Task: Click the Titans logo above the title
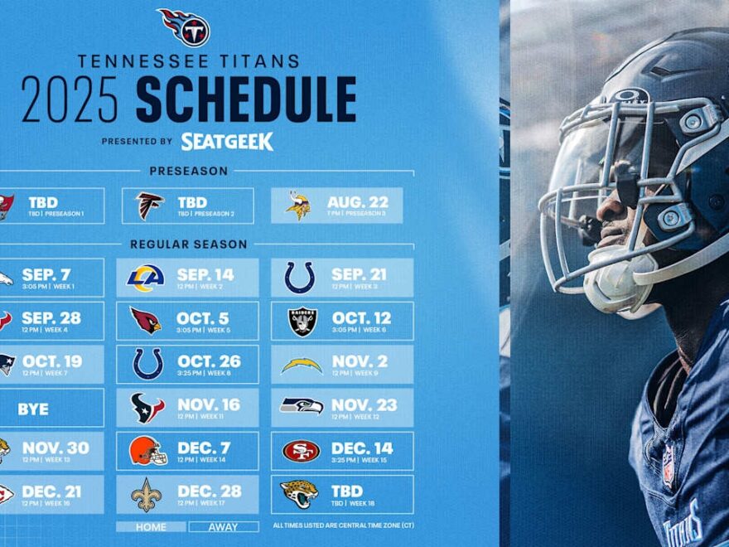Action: click(186, 27)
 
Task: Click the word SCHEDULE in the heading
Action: click(246, 100)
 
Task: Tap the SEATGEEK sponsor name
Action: click(227, 142)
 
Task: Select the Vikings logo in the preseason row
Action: click(298, 206)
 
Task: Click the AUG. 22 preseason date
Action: click(358, 202)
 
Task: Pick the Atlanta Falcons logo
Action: click(150, 206)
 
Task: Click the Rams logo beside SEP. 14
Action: click(146, 278)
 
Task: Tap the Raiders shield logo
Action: click(302, 322)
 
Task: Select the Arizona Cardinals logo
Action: click(146, 321)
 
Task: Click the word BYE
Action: click(33, 409)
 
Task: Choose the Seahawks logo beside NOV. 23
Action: click(301, 406)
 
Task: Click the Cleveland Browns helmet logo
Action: click(147, 451)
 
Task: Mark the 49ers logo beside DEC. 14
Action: click(301, 451)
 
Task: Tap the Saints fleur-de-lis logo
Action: click(147, 495)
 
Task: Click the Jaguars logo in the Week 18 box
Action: click(299, 494)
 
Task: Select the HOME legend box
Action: click(150, 527)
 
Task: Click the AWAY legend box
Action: click(223, 527)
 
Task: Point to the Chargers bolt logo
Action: click(301, 364)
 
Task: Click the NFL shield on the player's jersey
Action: click(668, 466)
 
